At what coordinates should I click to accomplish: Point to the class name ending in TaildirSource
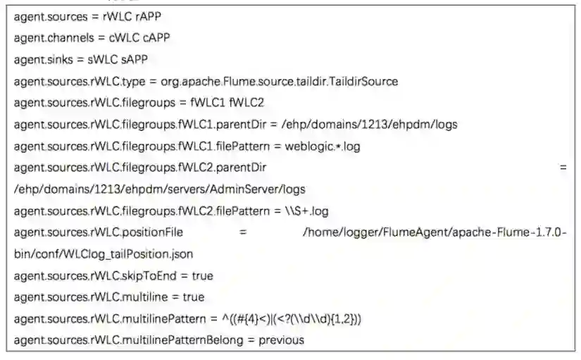[279, 81]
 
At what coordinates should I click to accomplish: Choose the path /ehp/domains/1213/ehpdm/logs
[369, 125]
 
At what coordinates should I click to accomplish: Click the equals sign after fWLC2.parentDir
[563, 168]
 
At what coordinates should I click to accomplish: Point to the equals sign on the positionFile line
[242, 232]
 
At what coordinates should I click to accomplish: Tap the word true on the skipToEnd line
[199, 275]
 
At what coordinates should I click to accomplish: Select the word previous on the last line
[281, 340]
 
